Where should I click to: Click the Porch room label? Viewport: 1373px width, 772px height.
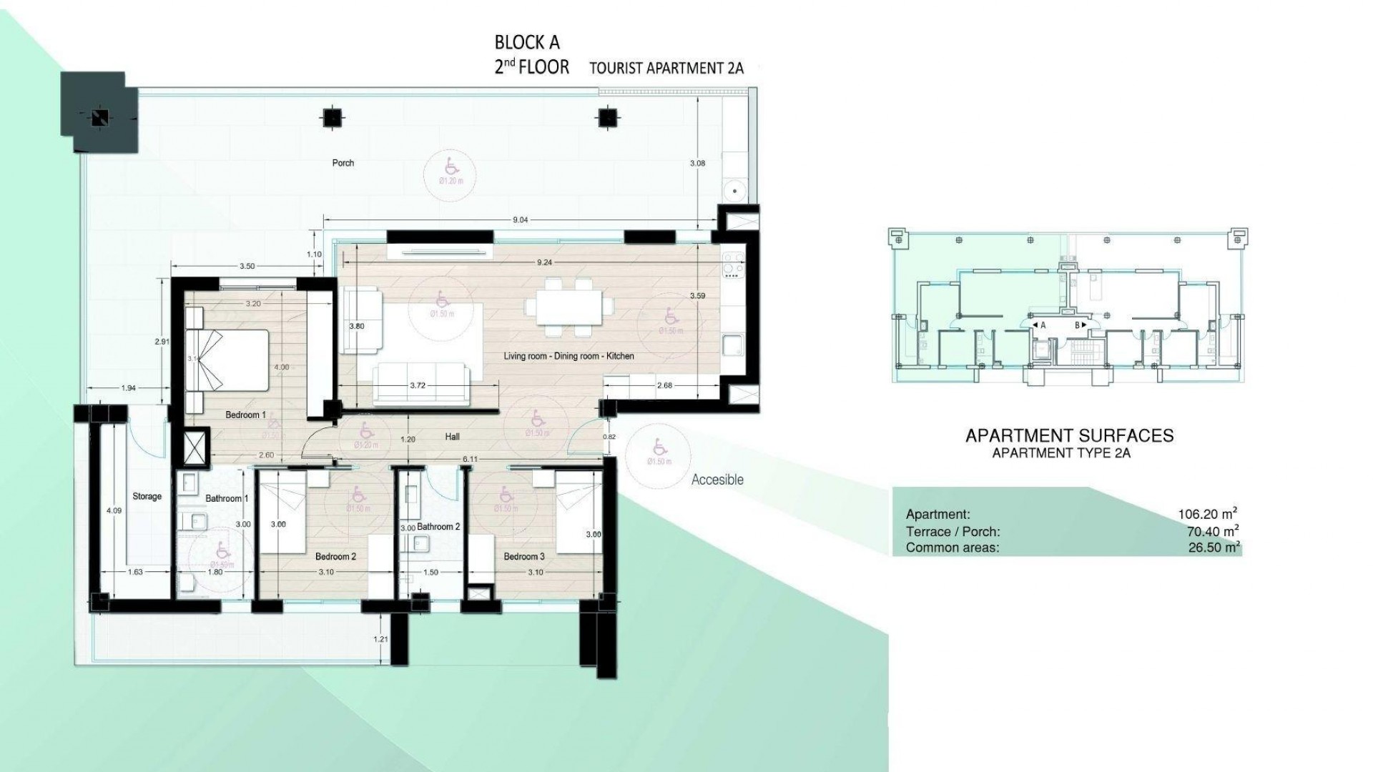pyautogui.click(x=343, y=163)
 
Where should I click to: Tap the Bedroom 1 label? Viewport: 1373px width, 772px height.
pyautogui.click(x=245, y=415)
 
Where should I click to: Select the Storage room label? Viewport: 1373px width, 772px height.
pyautogui.click(x=147, y=496)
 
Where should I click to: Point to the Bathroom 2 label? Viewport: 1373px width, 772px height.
pyautogui.click(x=438, y=527)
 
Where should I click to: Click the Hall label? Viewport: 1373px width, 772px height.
pyautogui.click(x=452, y=437)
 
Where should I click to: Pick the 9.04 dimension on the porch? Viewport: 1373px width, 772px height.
pyautogui.click(x=520, y=220)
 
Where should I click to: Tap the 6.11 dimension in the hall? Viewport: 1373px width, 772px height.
pyautogui.click(x=469, y=458)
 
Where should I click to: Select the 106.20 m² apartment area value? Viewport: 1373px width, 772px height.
pyautogui.click(x=1208, y=514)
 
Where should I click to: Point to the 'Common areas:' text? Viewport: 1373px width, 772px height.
pyautogui.click(x=953, y=548)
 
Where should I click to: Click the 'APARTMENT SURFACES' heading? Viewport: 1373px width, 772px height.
pyautogui.click(x=1069, y=435)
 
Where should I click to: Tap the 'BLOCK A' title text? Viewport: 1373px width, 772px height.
pyautogui.click(x=527, y=42)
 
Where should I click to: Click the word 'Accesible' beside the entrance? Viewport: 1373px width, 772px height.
pyautogui.click(x=717, y=480)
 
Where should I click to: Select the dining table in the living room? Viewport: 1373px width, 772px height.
pyautogui.click(x=569, y=307)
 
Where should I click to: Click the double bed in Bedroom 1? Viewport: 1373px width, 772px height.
pyautogui.click(x=227, y=360)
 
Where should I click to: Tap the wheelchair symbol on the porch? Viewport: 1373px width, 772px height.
pyautogui.click(x=451, y=167)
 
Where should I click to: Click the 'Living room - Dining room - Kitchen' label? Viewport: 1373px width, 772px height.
pyautogui.click(x=569, y=356)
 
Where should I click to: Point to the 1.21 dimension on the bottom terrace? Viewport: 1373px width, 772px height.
pyautogui.click(x=381, y=639)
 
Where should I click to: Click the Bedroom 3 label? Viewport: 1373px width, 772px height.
pyautogui.click(x=524, y=557)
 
